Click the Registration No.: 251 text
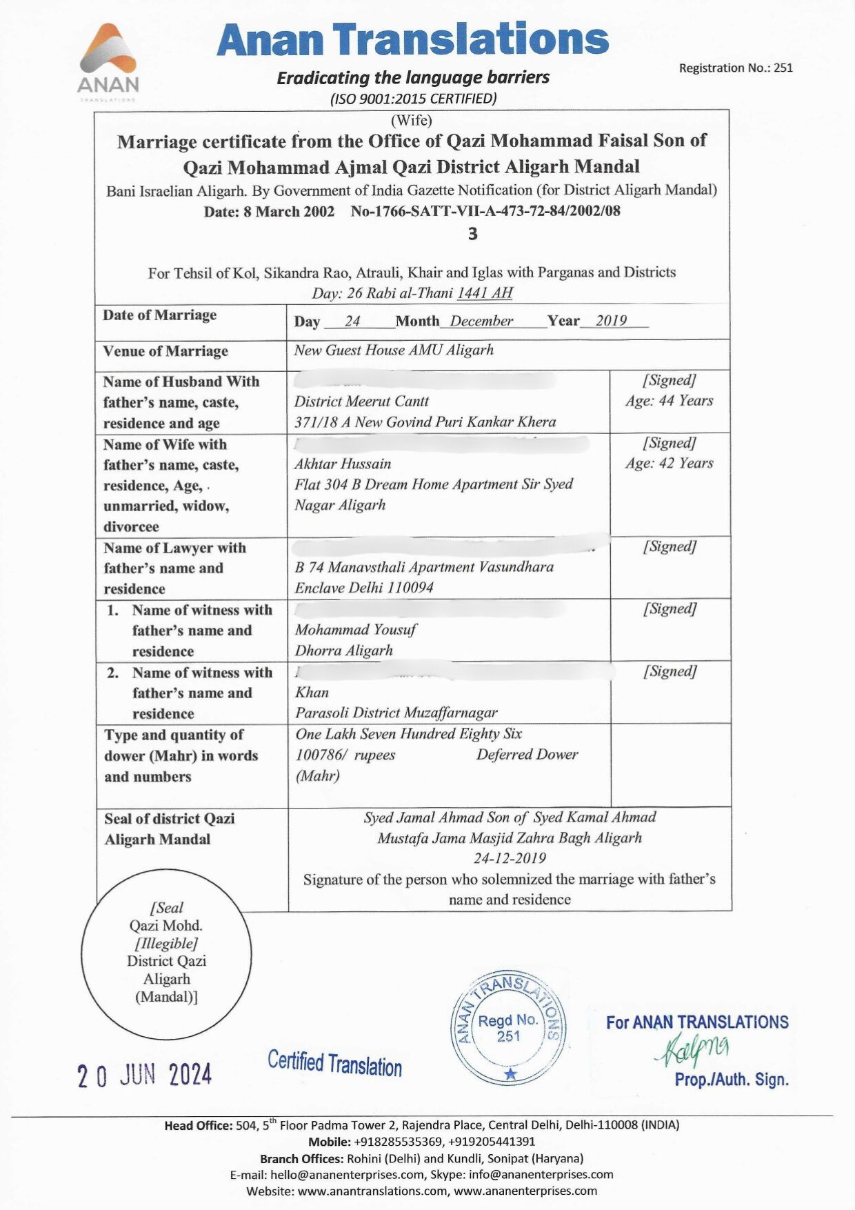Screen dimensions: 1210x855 [735, 68]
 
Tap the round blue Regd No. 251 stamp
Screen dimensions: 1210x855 [508, 1028]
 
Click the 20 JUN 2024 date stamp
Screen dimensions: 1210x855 [144, 1075]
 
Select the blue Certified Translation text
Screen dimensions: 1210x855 [334, 1063]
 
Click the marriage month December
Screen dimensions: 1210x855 [481, 321]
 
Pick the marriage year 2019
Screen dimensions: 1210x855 [611, 321]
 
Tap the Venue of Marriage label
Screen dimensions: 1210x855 [165, 351]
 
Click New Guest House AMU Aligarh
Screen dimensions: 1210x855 [394, 350]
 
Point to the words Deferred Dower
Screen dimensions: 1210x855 [527, 755]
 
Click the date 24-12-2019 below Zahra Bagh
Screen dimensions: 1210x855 [510, 858]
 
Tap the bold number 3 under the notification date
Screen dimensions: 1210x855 [472, 235]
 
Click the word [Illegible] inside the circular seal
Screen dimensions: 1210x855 [166, 943]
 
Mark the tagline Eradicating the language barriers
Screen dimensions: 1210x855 [413, 77]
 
